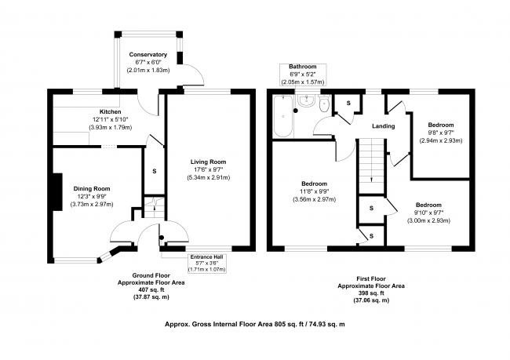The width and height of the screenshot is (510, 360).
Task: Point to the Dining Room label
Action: (x=92, y=188)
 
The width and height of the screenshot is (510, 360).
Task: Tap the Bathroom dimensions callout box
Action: (x=302, y=74)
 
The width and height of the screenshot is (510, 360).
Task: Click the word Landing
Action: (x=383, y=126)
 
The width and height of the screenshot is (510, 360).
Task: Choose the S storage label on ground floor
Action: (x=154, y=170)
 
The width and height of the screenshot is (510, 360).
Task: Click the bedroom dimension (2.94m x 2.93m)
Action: (x=439, y=141)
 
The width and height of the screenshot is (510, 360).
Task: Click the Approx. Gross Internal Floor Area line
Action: (x=256, y=324)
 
